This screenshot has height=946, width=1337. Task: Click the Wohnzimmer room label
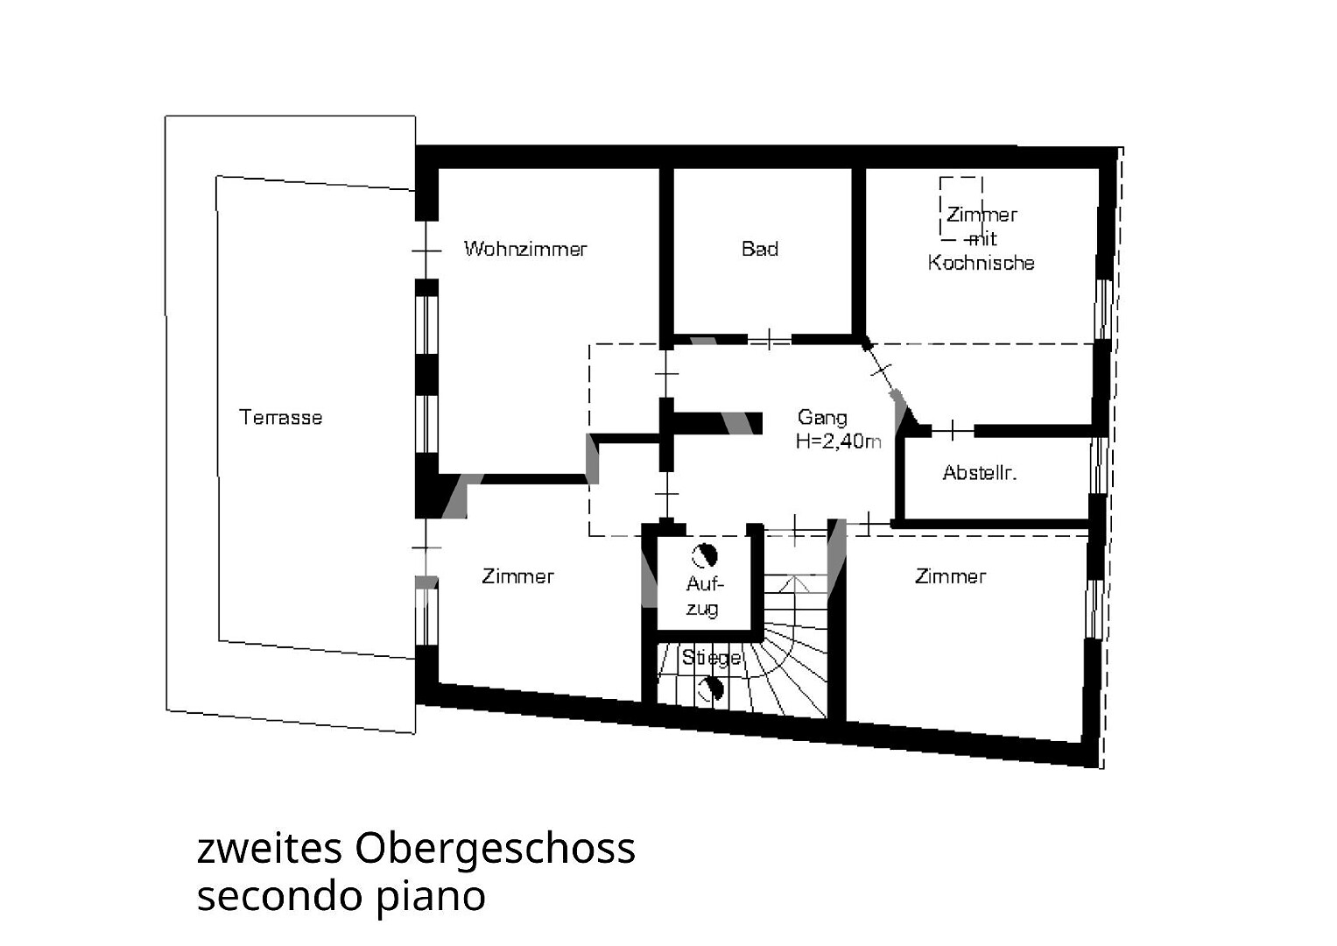click(525, 249)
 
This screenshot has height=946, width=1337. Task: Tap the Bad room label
click(760, 249)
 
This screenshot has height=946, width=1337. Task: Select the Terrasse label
click(280, 417)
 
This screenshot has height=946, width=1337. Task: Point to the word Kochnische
click(981, 263)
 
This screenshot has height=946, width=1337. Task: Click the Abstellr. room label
click(980, 472)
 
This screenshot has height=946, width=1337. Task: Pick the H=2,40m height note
click(838, 441)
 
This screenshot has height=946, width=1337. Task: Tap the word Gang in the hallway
click(822, 418)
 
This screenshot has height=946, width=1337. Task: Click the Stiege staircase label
click(712, 658)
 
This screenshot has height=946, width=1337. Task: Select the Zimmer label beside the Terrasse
click(517, 576)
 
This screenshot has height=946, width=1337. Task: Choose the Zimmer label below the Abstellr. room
click(950, 576)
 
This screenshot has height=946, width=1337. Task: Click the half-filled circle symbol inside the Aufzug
click(704, 555)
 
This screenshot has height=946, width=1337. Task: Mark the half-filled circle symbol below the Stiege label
click(711, 689)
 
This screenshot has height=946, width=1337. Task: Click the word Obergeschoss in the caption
click(496, 849)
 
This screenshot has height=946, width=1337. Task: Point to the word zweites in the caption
click(270, 849)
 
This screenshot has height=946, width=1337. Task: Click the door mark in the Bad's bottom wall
click(770, 340)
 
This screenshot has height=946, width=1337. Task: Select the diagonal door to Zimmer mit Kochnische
click(883, 371)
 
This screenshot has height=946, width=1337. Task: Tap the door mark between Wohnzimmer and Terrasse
click(426, 251)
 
